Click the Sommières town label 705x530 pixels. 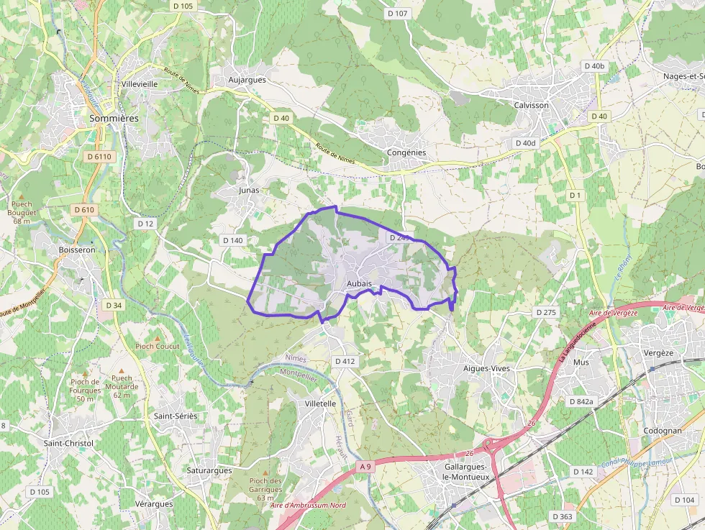coord(114,118)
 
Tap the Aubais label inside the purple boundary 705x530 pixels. coord(359,284)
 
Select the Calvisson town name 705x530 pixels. coord(532,105)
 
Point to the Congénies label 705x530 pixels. coord(406,152)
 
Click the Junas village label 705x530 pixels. coord(248,191)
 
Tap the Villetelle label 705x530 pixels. coord(320,403)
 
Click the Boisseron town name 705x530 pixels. coord(77,250)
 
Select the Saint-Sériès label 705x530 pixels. coord(176,416)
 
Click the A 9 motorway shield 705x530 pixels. coord(366,467)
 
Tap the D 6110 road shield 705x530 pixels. coord(99,156)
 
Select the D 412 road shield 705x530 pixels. coord(345,361)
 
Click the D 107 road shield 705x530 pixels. coord(397,13)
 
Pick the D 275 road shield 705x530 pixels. coord(546,312)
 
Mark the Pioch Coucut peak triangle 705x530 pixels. coord(158,337)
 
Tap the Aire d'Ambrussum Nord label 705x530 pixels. coord(308,506)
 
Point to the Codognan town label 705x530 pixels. coord(663,431)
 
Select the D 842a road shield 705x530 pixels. coord(581,401)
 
